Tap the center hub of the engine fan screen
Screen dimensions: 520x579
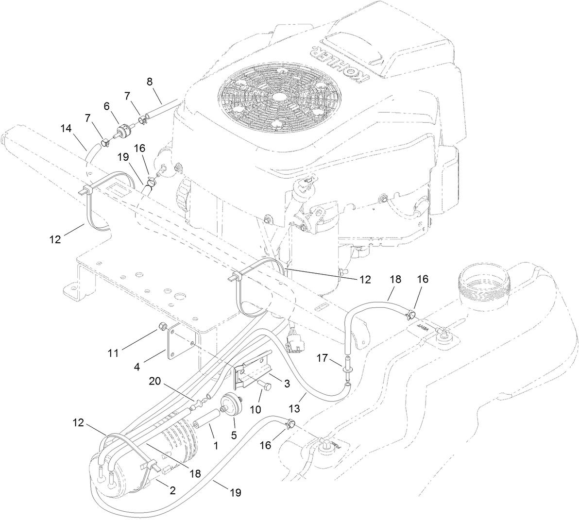[279, 97]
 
